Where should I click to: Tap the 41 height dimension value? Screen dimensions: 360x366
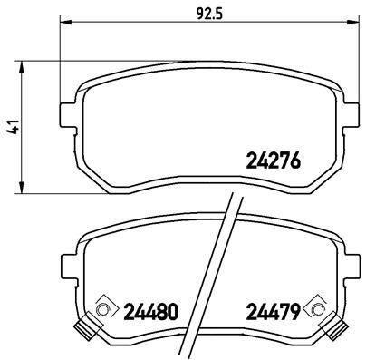click(11, 128)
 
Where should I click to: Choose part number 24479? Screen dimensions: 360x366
click(273, 311)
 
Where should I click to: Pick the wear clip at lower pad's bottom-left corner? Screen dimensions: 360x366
click(89, 331)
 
